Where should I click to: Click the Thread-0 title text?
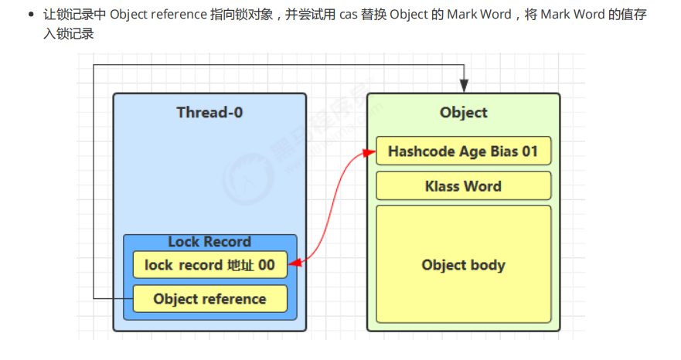209,113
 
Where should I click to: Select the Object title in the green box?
463,113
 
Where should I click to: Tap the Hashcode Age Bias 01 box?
463,151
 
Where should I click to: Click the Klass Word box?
463,186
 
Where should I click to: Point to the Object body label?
463,265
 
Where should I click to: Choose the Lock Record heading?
209,242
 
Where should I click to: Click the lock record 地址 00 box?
209,265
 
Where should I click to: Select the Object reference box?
209,299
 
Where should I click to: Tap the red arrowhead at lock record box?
293,265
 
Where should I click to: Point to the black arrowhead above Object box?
463,87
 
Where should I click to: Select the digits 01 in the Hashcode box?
529,151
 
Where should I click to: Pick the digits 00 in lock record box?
267,265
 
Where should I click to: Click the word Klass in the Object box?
444,186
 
